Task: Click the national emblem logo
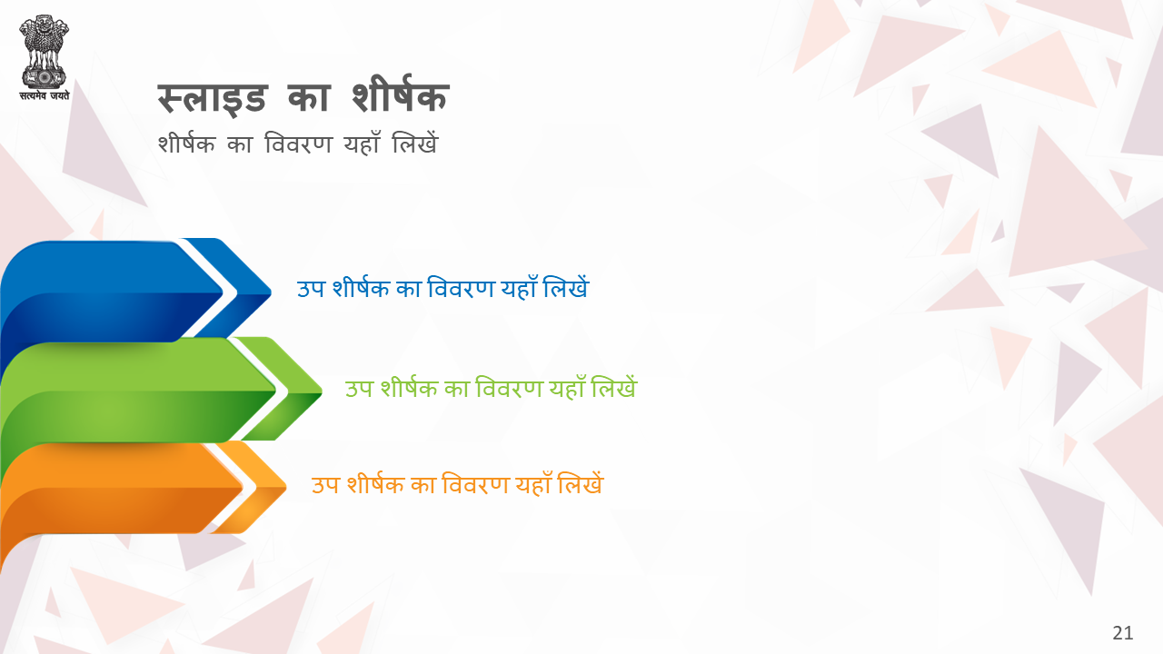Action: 45,52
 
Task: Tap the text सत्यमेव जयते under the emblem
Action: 45,95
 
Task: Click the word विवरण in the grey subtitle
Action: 298,143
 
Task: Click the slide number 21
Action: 1122,633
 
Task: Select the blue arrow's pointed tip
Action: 271,292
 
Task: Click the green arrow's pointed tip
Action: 322,391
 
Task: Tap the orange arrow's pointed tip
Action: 285,487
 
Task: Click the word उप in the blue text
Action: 311,289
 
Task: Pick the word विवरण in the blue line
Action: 461,288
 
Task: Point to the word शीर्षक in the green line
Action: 409,387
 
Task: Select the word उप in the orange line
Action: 325,485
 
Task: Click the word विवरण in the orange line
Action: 475,484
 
